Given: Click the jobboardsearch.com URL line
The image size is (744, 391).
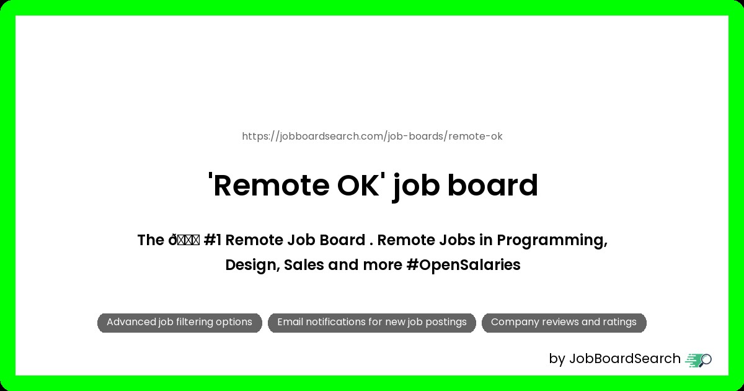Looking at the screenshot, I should coord(372,137).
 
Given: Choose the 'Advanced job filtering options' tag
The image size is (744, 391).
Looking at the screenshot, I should coord(180,323).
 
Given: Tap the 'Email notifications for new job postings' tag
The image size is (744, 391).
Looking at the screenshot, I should coord(372,323).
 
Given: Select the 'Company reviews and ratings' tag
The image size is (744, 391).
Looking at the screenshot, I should coord(564,323).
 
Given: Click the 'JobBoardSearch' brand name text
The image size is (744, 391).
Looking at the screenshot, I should coord(625,359).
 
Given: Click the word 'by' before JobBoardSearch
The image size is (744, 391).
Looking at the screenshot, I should coord(557,359).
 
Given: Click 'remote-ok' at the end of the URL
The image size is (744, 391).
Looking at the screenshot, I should coord(476,137).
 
